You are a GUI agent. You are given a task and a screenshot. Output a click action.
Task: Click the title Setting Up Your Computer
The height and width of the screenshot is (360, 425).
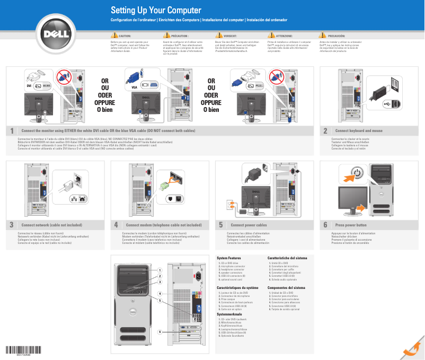[x=152, y=11]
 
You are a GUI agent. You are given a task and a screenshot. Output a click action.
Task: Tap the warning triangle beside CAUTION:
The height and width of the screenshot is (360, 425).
[x=114, y=35]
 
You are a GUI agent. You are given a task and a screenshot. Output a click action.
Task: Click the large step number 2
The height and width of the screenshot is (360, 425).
[x=325, y=131]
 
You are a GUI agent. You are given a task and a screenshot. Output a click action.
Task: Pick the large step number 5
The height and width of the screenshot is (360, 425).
[x=220, y=225]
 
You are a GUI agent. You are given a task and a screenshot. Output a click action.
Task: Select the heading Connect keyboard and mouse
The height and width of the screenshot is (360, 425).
[x=359, y=131]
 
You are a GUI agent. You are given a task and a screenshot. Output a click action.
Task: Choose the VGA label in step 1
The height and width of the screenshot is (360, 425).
[x=134, y=86]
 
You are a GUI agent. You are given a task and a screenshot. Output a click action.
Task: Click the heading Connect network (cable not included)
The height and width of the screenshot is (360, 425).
[x=52, y=225]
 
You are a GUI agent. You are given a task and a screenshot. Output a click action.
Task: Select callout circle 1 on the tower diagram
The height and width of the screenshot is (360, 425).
[x=159, y=270]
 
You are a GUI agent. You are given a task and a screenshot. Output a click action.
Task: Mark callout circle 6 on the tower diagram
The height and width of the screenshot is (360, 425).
[x=159, y=331]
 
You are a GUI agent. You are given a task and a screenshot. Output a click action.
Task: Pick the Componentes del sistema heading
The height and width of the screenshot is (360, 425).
[x=287, y=287]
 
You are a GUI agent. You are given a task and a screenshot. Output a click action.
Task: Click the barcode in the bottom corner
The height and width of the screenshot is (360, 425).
[x=23, y=349]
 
